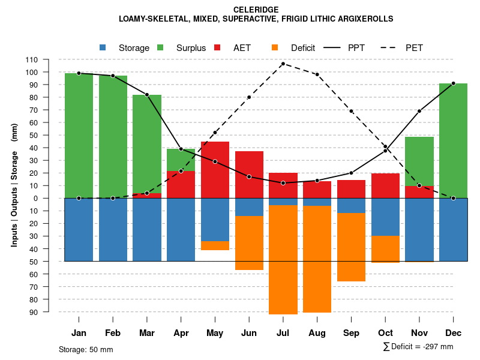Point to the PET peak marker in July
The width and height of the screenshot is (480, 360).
click(283, 64)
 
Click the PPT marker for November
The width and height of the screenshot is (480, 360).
click(419, 111)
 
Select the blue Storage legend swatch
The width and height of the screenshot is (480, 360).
click(103, 47)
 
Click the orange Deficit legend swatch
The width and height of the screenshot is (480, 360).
click(275, 47)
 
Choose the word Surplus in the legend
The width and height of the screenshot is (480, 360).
click(191, 48)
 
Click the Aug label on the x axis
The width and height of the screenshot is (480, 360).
click(317, 333)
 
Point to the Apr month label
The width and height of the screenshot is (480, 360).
click(181, 333)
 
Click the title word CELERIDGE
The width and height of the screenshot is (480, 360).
click(256, 10)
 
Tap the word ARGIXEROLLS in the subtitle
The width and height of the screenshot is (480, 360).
click(364, 19)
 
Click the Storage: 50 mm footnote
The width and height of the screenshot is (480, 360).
click(86, 349)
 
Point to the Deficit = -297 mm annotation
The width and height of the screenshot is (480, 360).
click(418, 347)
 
